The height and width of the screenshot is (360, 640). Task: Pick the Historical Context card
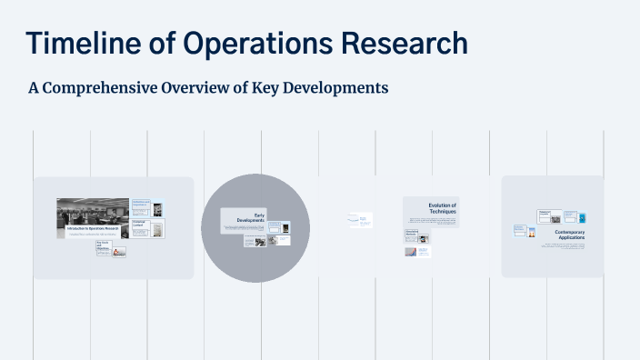[x=140, y=223]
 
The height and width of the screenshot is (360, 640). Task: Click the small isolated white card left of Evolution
[x=360, y=219]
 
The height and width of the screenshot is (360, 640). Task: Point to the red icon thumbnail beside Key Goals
[x=120, y=251]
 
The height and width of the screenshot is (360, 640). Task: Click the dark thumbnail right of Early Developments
[x=285, y=226]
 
